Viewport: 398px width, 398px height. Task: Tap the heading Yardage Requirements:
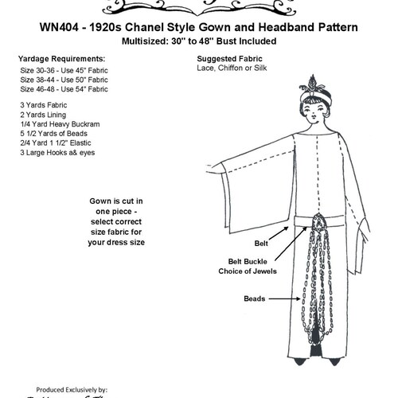pyautogui.click(x=60, y=59)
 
